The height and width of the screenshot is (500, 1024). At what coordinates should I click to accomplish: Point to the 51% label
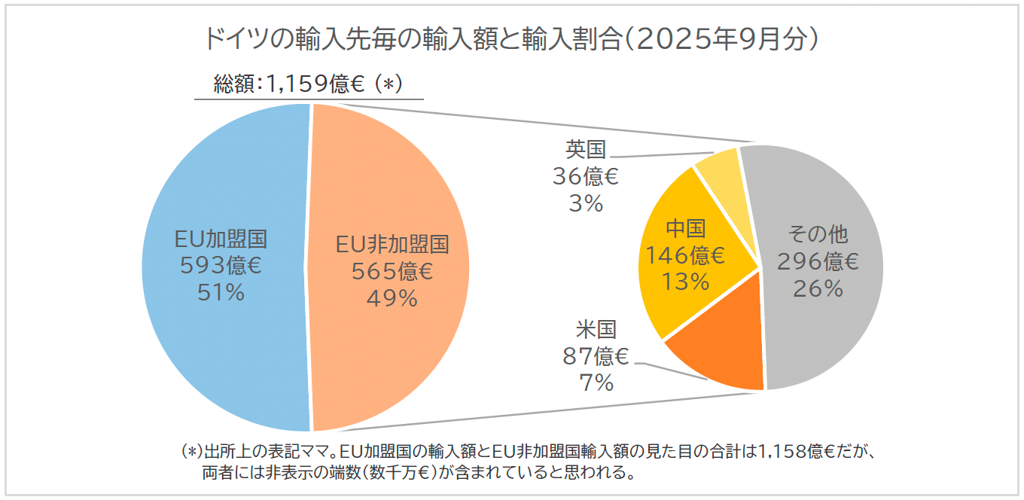coord(221,292)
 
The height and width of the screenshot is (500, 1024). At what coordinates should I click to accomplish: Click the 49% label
coord(392,298)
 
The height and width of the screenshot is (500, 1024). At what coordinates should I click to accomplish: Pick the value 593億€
coord(221,267)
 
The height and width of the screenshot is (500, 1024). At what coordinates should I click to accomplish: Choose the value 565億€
coord(392,272)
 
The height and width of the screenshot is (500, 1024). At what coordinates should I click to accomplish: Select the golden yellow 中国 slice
coord(678,301)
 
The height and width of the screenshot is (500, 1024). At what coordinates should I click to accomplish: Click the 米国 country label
coord(596,330)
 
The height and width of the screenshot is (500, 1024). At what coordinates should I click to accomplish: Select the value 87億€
coord(596,356)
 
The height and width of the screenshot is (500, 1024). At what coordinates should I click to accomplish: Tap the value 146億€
coord(685,256)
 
